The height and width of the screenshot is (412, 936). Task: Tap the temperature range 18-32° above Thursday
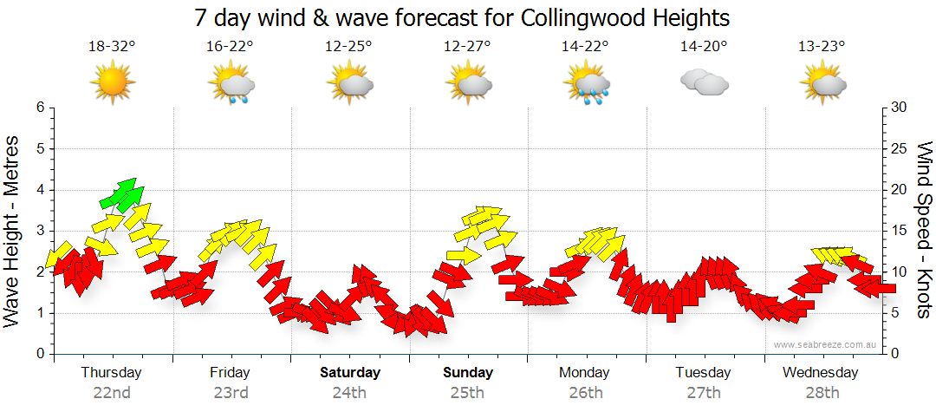[113, 47]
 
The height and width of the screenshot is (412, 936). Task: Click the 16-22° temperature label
[231, 47]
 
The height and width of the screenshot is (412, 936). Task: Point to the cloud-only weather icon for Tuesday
[704, 82]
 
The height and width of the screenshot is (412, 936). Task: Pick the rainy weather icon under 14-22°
[586, 85]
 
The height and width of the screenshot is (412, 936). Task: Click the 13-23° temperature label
[822, 47]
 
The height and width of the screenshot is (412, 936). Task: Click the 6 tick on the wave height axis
[39, 108]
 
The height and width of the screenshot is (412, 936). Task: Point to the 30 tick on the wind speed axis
[899, 108]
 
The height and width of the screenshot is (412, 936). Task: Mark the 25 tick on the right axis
[899, 148]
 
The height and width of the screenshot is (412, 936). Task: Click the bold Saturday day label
[349, 373]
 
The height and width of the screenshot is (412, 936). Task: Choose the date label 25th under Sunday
[468, 393]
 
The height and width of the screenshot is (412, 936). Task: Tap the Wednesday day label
[820, 373]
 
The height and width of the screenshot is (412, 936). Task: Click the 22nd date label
[112, 393]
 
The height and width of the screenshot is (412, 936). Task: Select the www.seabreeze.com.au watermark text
[826, 344]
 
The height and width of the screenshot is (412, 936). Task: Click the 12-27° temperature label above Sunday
[467, 47]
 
